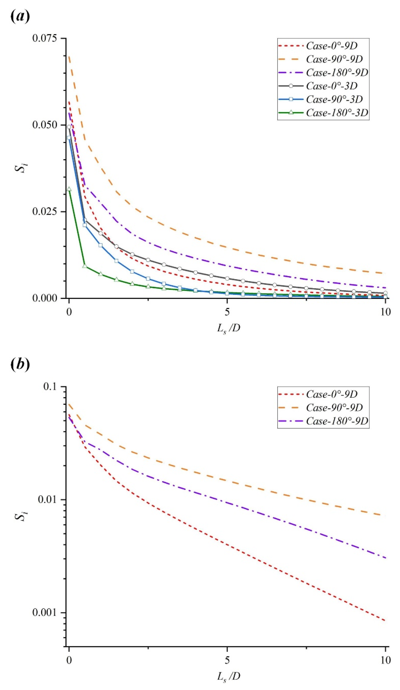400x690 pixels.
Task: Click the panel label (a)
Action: coord(19,17)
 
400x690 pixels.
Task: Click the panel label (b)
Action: coord(19,365)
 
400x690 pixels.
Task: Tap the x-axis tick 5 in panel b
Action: coord(227,660)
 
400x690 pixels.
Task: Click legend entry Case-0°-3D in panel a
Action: coord(332,86)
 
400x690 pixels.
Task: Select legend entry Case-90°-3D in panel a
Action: coord(334,99)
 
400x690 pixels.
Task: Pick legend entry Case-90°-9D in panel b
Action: coord(334,408)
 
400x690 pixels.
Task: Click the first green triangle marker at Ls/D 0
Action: coord(69,189)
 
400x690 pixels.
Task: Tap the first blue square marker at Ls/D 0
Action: coord(69,138)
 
